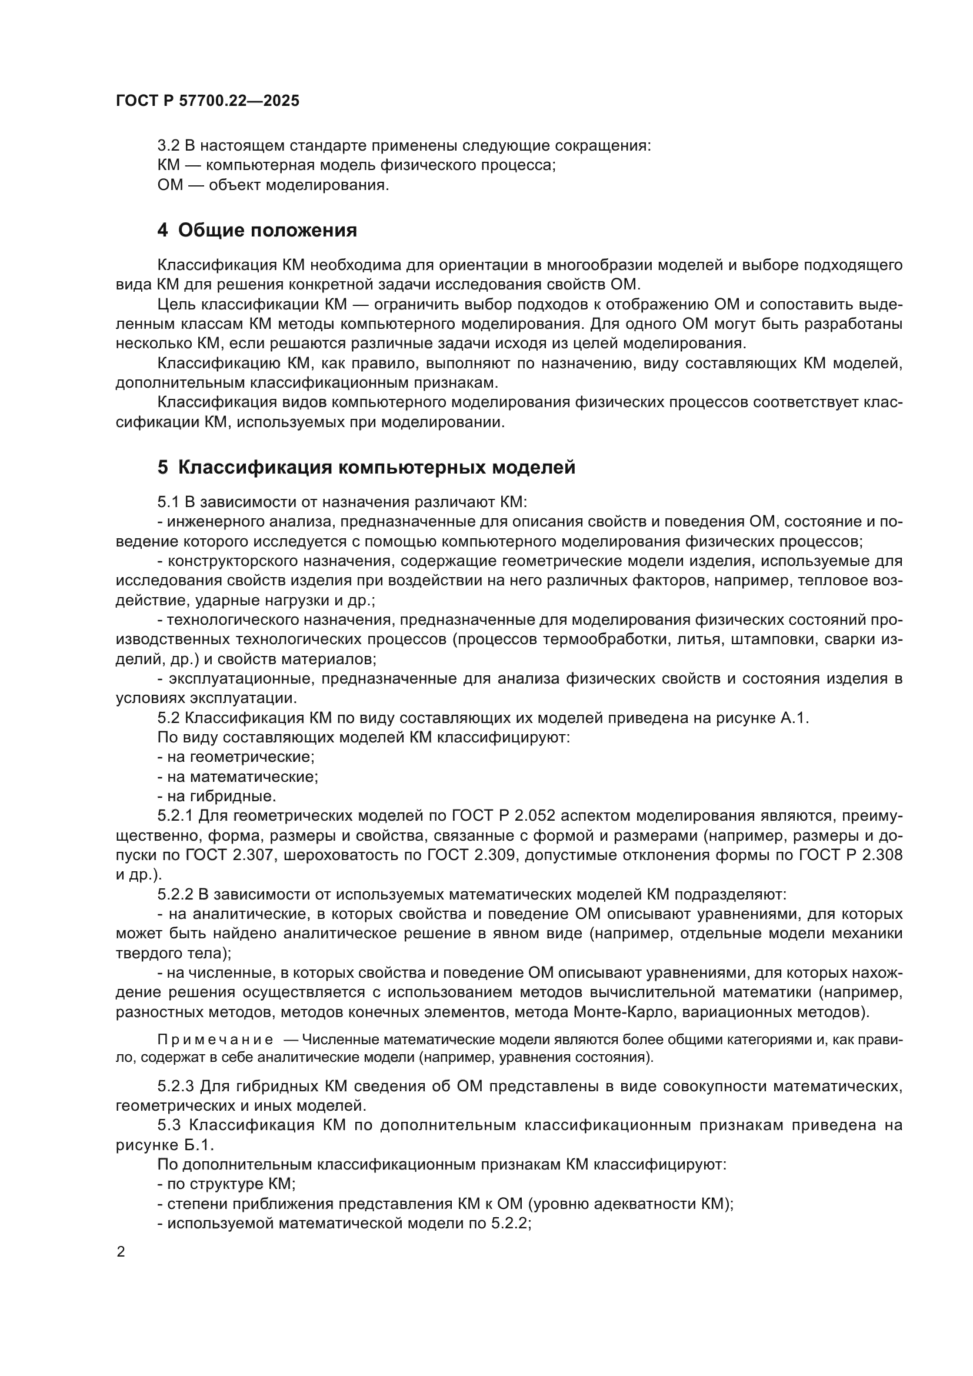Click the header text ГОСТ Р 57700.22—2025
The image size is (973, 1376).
[207, 101]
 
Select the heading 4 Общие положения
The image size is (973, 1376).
[257, 230]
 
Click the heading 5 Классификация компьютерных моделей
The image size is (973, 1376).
[366, 467]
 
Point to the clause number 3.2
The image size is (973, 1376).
[168, 146]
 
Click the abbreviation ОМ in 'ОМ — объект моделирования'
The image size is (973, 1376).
[169, 185]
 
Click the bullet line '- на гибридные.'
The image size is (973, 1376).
[216, 797]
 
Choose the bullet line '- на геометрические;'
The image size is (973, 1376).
[235, 757]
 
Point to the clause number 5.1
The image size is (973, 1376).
[168, 502]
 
